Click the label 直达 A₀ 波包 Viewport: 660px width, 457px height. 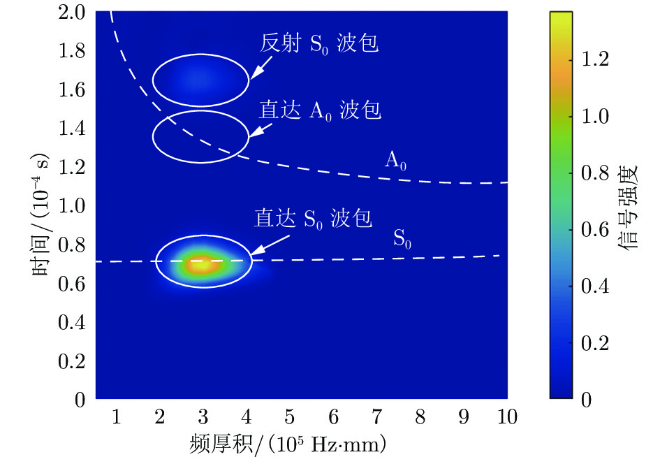tap(321, 110)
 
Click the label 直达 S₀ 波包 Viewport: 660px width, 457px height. tap(313, 218)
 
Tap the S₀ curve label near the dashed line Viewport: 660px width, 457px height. tap(402, 240)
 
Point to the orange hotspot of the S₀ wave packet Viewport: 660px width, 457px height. tap(202, 263)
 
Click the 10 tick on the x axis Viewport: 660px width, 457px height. tap(506, 418)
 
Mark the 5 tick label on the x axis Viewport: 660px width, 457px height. tap(289, 418)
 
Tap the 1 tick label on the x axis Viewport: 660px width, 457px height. tap(116, 418)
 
